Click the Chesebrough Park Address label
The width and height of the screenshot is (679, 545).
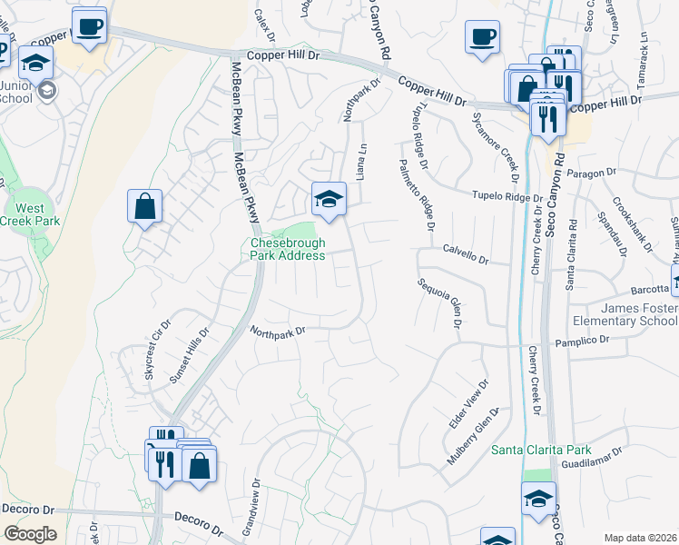click(x=288, y=249)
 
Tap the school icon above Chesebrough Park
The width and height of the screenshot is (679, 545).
click(x=329, y=199)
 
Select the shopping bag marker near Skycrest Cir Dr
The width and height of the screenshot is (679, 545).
click(x=144, y=206)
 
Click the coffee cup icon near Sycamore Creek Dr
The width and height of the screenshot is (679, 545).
click(x=482, y=37)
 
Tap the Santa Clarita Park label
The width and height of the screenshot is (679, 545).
click(x=541, y=450)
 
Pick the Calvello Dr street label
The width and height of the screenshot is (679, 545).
click(x=466, y=253)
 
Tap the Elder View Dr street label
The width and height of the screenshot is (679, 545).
click(x=469, y=405)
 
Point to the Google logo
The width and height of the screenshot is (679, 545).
click(x=30, y=533)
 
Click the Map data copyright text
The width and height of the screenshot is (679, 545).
click(x=640, y=538)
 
